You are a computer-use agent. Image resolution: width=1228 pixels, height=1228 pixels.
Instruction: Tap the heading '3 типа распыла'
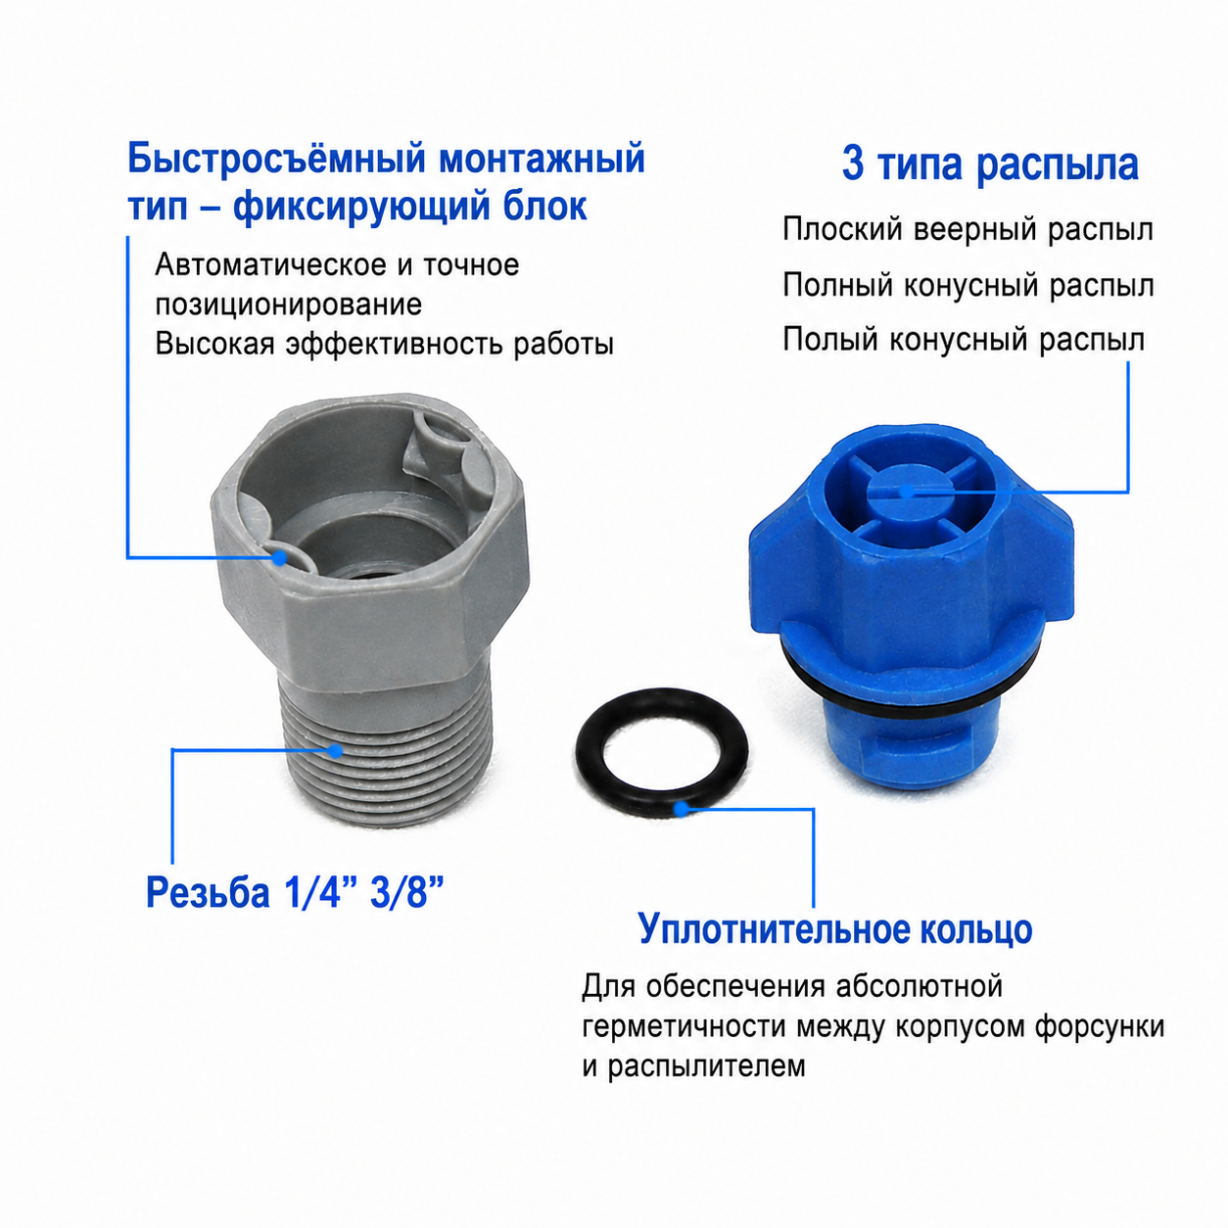point(990,165)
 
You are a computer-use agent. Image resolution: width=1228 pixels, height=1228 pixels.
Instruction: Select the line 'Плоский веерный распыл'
point(968,230)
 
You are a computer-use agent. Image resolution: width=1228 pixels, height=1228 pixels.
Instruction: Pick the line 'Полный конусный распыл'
point(968,286)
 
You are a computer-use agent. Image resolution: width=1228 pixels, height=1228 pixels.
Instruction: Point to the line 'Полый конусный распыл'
point(964,340)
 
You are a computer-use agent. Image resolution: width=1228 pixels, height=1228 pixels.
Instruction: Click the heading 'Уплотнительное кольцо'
point(834,930)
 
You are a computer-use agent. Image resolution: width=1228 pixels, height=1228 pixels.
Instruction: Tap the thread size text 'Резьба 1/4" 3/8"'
point(295,891)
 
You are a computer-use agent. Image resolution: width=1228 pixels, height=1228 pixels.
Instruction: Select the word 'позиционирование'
point(289,306)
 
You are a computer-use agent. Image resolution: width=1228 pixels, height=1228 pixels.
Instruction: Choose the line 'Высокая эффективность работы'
point(384,344)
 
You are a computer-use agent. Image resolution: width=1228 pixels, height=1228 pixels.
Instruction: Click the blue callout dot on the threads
point(335,750)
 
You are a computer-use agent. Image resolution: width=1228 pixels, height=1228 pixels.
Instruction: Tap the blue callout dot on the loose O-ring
point(682,809)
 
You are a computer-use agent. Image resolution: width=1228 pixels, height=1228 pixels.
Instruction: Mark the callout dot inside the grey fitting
point(279,557)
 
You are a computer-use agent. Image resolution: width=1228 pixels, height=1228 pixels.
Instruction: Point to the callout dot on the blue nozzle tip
point(906,492)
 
